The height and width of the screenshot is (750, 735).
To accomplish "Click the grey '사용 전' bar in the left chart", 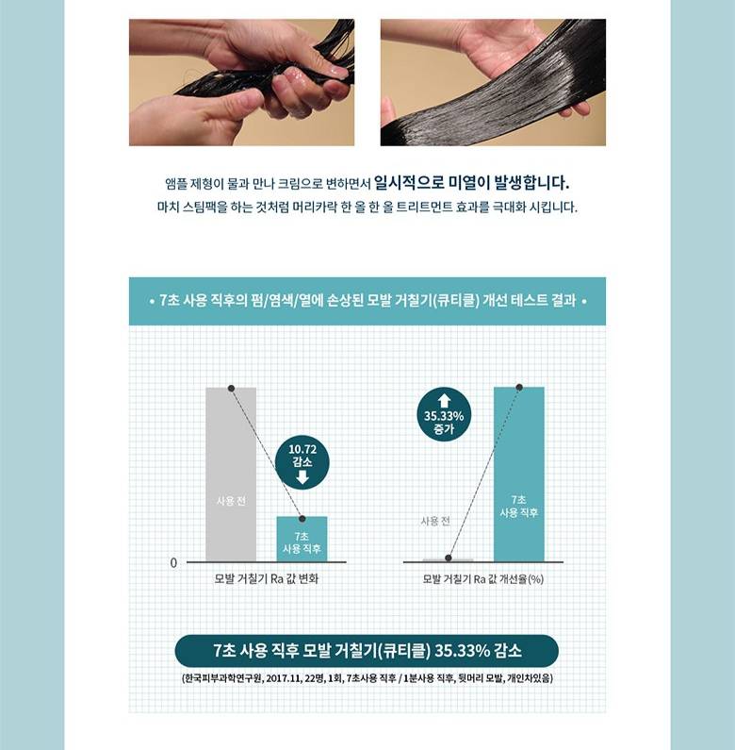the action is pyautogui.click(x=231, y=475).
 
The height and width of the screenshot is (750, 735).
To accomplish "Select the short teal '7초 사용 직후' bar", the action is pyautogui.click(x=302, y=540).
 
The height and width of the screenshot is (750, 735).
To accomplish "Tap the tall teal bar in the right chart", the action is pyautogui.click(x=519, y=475).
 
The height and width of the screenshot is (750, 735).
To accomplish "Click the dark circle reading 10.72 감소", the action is pyautogui.click(x=302, y=462).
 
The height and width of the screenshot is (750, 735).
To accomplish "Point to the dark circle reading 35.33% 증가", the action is pyautogui.click(x=444, y=414).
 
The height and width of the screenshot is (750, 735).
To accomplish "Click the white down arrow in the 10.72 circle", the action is pyautogui.click(x=302, y=476).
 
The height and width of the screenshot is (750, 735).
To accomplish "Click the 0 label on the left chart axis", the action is pyautogui.click(x=173, y=563).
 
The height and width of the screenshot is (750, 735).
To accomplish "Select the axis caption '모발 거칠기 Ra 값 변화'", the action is pyautogui.click(x=266, y=578).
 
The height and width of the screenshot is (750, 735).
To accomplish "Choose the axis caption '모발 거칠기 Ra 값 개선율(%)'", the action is pyautogui.click(x=483, y=579).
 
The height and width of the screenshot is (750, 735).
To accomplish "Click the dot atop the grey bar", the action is pyautogui.click(x=231, y=388).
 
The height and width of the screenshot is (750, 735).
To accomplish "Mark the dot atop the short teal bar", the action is pyautogui.click(x=302, y=519).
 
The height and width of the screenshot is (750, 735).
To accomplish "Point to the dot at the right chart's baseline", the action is pyautogui.click(x=449, y=558).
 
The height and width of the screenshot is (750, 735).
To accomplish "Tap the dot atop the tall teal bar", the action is pyautogui.click(x=519, y=387).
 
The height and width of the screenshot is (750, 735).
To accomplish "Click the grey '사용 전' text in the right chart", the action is pyautogui.click(x=435, y=521).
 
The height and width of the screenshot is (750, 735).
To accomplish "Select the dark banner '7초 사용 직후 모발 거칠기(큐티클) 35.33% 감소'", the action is pyautogui.click(x=367, y=651).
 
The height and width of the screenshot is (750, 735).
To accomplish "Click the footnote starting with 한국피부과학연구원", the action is pyautogui.click(x=367, y=678).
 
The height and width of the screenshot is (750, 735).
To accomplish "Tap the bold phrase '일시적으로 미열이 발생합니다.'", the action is pyautogui.click(x=471, y=182).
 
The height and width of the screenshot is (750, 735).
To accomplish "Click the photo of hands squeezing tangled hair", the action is pyautogui.click(x=242, y=82).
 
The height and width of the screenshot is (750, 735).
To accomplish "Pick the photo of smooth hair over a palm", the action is pyautogui.click(x=493, y=82).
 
